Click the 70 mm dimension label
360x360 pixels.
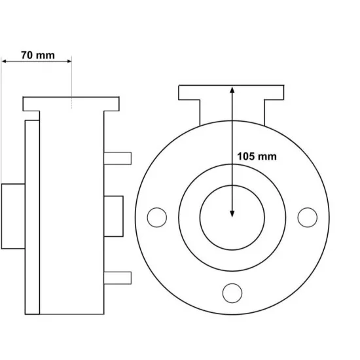38,56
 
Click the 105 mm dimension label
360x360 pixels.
257,156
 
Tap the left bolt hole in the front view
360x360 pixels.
157,217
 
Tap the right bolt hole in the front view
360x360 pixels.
308,217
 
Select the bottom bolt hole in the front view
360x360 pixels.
232,293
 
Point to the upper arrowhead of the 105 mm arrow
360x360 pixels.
232,90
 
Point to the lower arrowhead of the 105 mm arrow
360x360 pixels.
232,214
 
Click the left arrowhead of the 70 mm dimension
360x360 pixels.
4,61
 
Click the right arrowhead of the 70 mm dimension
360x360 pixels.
69,61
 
